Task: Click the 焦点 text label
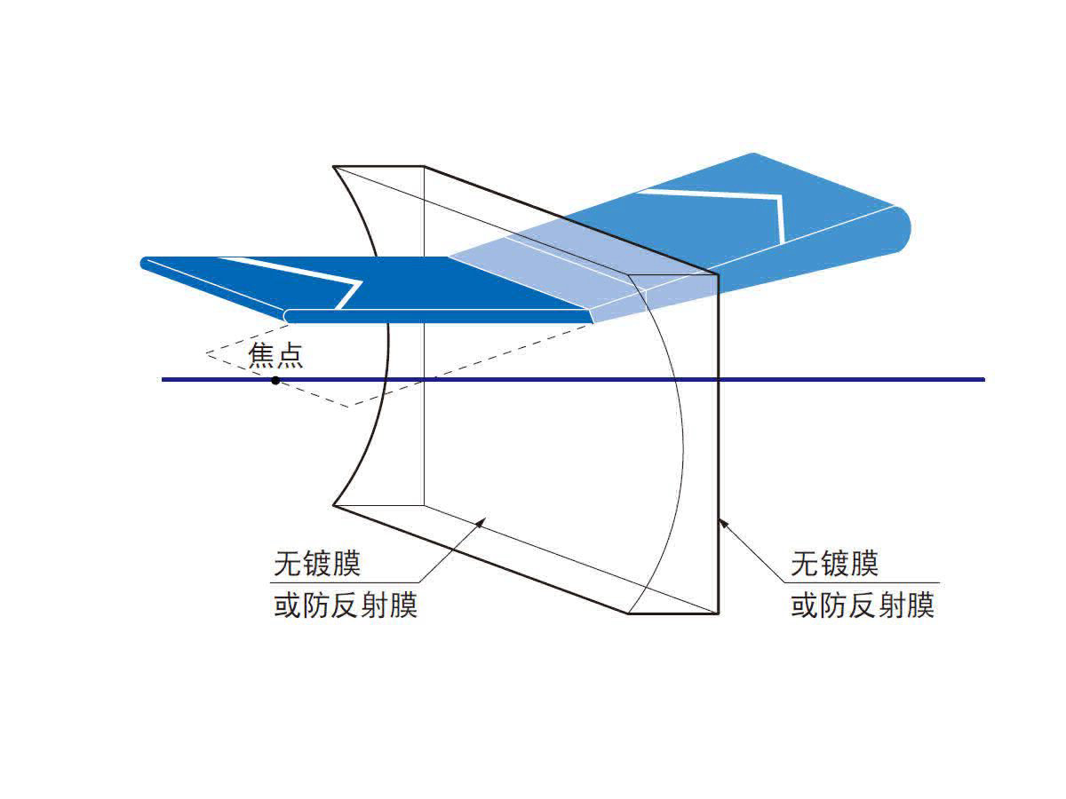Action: point(275,356)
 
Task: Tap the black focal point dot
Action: point(275,380)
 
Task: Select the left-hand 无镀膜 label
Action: point(318,564)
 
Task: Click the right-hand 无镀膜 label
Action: point(834,564)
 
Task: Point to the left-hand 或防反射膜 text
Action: point(346,606)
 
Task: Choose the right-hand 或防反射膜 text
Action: point(863,606)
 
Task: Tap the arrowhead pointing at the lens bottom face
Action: point(481,523)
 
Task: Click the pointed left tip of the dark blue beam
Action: point(145,262)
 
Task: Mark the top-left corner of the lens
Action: point(334,166)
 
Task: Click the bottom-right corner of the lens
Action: point(718,613)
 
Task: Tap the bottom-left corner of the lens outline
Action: point(334,506)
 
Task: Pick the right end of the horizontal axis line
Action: point(983,379)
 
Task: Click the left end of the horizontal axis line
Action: point(163,380)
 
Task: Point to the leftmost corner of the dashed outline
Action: point(207,354)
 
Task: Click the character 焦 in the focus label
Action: point(262,356)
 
